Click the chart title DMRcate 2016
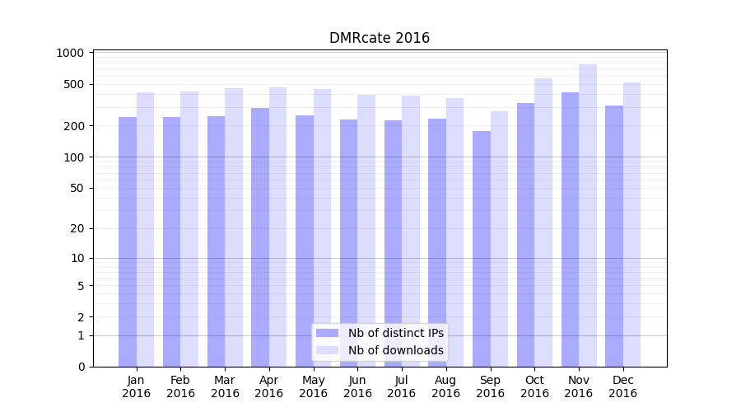[380, 38]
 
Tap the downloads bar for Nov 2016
[588, 215]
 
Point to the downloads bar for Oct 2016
[543, 222]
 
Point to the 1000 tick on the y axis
[71, 53]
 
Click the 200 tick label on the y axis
[74, 126]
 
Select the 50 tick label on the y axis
[77, 188]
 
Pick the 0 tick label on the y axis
[81, 367]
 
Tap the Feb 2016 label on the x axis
[180, 386]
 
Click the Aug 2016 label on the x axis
[445, 386]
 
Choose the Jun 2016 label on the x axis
[357, 386]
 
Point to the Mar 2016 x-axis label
[225, 386]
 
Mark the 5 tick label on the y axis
[81, 286]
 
